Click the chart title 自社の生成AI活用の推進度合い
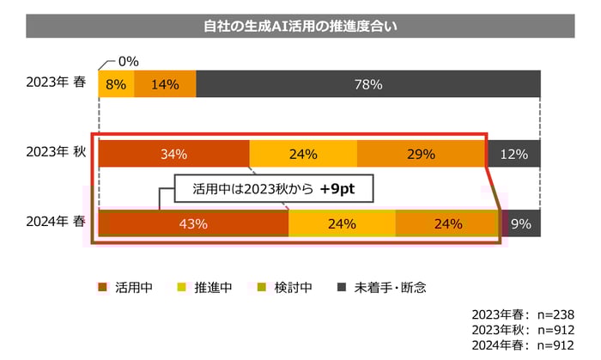[300, 26]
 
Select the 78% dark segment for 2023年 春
[368, 84]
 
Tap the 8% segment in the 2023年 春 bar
[116, 84]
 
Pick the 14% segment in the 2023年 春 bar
[164, 84]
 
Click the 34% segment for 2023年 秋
[173, 155]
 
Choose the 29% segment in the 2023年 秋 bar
[421, 155]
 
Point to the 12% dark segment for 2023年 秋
[514, 155]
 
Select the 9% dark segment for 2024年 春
[520, 223]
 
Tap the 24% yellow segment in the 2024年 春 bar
[342, 223]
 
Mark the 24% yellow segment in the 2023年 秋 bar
[303, 155]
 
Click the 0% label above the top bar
[128, 62]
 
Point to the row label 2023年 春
[56, 84]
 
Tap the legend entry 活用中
[129, 287]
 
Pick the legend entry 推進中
[206, 287]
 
